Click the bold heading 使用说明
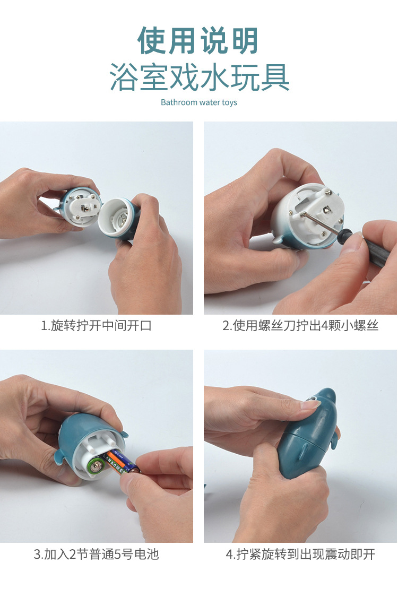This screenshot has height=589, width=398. pyautogui.click(x=198, y=40)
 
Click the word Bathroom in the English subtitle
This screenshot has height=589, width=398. pyautogui.click(x=179, y=102)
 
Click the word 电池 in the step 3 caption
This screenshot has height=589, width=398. pyautogui.click(x=146, y=555)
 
